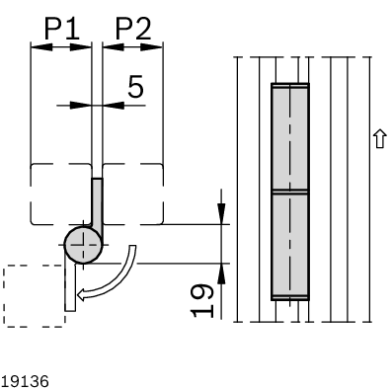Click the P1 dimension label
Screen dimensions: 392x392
(62, 29)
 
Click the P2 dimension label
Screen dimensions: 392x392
(133, 29)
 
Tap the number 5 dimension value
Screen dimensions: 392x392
(135, 87)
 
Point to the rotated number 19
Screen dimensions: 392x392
(201, 300)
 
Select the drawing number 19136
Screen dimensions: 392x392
(25, 381)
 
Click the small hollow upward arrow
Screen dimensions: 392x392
(380, 138)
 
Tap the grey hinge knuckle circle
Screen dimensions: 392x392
(83, 245)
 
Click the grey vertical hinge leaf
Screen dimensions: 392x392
(98, 204)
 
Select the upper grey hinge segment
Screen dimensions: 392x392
(290, 137)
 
